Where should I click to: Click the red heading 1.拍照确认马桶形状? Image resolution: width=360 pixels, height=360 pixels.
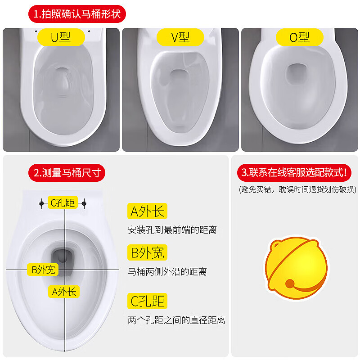[x=77, y=14]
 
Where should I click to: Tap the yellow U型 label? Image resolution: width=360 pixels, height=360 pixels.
[x=61, y=37]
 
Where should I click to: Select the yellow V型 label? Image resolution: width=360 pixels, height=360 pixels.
[x=180, y=37]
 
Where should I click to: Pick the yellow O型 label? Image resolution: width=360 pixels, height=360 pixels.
[x=300, y=37]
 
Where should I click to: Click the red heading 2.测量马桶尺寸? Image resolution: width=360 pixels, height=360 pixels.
[x=67, y=173]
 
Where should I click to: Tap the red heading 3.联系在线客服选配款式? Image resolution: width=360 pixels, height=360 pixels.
[x=294, y=172]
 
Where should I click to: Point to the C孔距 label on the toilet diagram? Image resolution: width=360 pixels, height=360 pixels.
[x=63, y=202]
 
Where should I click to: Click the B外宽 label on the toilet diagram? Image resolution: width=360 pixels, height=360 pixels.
[x=43, y=270]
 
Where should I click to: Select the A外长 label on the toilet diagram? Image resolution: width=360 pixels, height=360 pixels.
[x=64, y=292]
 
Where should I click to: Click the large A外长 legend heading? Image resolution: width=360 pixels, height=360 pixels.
[x=148, y=211]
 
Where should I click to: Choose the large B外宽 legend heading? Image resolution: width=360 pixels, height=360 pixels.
[x=148, y=252]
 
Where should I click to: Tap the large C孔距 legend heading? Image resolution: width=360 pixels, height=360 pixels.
[x=148, y=301]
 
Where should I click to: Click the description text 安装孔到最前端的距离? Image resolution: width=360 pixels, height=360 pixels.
[x=172, y=230]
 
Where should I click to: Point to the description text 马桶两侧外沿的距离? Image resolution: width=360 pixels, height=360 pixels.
[x=167, y=272]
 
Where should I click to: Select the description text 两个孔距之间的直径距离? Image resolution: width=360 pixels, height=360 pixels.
[x=176, y=320]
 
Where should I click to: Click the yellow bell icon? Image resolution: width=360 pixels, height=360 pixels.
[x=296, y=268]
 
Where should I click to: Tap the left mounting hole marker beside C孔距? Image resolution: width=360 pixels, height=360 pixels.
[x=41, y=203]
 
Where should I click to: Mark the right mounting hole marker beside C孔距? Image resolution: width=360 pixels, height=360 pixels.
[x=84, y=203]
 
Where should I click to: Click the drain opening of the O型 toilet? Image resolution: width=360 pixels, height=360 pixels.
[x=297, y=74]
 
